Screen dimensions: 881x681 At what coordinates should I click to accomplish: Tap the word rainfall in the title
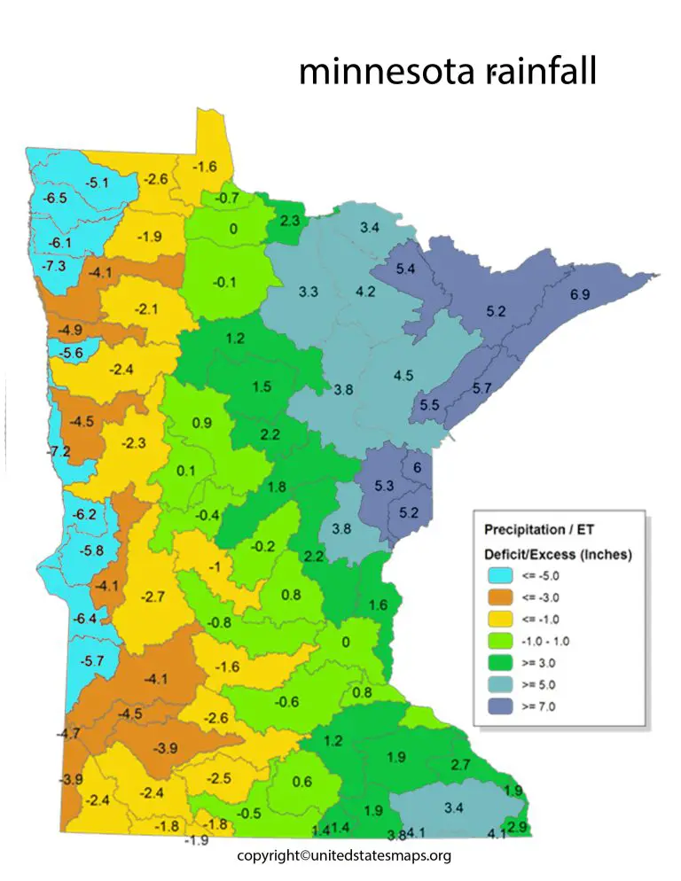coord(542,72)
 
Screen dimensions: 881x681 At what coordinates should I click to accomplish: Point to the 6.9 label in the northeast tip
coord(580,294)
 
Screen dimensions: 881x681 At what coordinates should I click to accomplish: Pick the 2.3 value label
coord(289,221)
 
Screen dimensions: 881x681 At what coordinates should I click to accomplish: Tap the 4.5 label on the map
coord(403,375)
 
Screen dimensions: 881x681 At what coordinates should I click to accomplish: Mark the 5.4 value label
coord(406,269)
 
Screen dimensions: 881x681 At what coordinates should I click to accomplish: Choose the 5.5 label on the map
coord(429,404)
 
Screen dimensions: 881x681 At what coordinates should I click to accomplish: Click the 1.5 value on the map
coord(262,386)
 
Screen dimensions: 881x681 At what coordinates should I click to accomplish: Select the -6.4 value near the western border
coord(84,619)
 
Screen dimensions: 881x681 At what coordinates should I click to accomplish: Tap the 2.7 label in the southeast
coord(460,764)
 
